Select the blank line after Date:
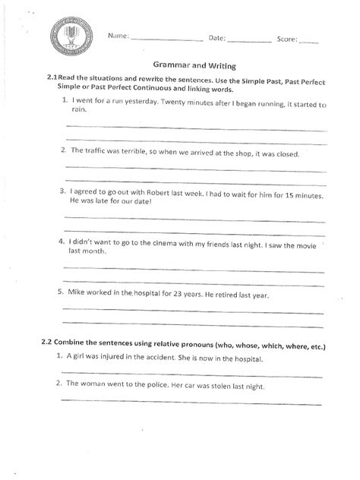click(x=248, y=39)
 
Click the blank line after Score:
click(x=308, y=39)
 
